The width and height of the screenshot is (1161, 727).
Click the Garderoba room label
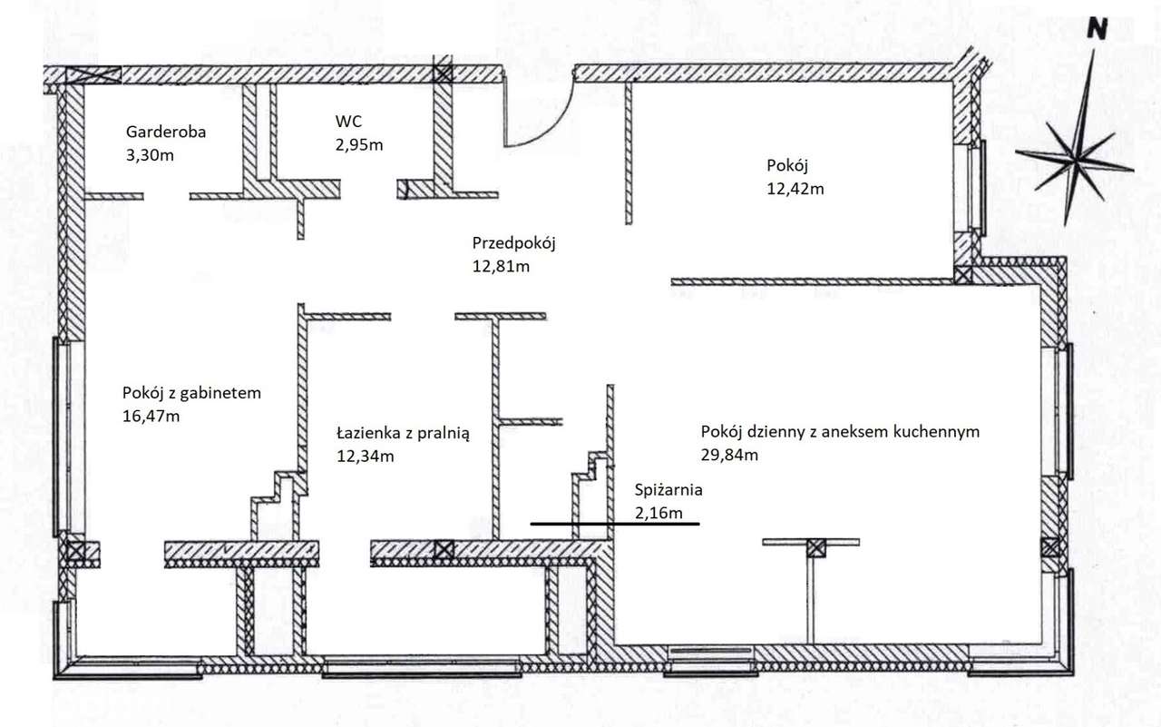[166, 132]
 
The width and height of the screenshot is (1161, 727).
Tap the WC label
[349, 122]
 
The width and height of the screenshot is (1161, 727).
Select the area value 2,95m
[359, 144]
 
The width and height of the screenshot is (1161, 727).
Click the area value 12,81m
[501, 267]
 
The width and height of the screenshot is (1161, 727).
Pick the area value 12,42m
[795, 189]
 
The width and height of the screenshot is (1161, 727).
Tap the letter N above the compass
[1097, 29]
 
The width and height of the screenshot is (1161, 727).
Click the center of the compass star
[1077, 160]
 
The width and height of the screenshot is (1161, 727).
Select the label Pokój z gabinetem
[191, 393]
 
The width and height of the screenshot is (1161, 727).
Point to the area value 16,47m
[151, 416]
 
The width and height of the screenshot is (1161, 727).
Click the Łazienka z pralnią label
[404, 433]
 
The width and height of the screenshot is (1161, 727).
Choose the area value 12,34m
[366, 457]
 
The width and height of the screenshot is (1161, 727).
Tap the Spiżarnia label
[668, 490]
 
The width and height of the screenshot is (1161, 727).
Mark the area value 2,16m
[659, 514]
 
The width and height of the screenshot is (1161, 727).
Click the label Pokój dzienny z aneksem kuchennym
[840, 432]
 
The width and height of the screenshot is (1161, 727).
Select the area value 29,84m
[729, 455]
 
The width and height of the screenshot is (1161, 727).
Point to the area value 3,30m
[150, 155]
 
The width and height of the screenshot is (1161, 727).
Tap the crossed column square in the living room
[815, 548]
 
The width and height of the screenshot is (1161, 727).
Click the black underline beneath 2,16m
[615, 525]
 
